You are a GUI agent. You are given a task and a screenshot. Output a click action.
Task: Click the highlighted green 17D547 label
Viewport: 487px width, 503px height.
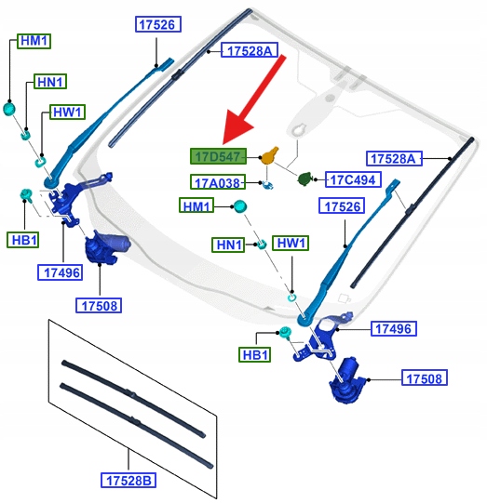click(x=218, y=156)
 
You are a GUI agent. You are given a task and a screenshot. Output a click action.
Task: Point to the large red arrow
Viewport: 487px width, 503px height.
click(x=253, y=99)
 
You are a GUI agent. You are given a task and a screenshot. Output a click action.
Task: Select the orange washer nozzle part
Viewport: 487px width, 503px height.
click(x=269, y=155)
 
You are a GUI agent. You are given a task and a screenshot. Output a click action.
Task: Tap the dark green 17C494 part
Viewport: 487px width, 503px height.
click(x=305, y=179)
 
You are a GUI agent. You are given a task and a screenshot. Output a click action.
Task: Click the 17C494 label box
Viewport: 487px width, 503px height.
click(x=353, y=179)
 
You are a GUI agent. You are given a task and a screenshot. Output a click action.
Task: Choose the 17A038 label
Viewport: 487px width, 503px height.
click(x=218, y=182)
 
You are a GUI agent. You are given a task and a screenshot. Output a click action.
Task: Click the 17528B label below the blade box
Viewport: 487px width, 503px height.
click(x=129, y=481)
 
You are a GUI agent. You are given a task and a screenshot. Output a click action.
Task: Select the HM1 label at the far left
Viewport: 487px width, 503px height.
click(x=34, y=41)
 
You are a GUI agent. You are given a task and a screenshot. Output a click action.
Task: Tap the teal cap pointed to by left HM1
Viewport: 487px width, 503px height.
click(x=9, y=109)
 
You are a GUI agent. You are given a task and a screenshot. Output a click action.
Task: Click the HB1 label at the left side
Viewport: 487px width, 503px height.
click(x=22, y=240)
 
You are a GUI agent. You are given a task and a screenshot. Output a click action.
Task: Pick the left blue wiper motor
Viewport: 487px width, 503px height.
click(x=105, y=246)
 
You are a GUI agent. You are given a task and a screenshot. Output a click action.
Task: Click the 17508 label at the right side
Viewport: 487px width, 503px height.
click(x=425, y=377)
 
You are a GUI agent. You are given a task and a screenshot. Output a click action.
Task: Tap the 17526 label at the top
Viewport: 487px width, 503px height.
click(x=158, y=24)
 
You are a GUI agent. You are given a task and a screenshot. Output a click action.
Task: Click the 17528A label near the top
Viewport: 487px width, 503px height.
click(x=250, y=50)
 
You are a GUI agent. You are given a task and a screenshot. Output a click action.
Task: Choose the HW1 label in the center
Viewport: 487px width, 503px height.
click(x=291, y=243)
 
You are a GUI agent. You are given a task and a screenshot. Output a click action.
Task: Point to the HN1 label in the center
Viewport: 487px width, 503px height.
click(x=228, y=245)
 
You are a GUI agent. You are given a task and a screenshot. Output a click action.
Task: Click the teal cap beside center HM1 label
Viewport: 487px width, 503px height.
click(x=239, y=206)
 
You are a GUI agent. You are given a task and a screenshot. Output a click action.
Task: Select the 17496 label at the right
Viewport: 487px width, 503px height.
click(x=394, y=328)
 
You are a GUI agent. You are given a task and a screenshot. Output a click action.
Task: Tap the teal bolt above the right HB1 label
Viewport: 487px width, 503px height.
click(x=285, y=332)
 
